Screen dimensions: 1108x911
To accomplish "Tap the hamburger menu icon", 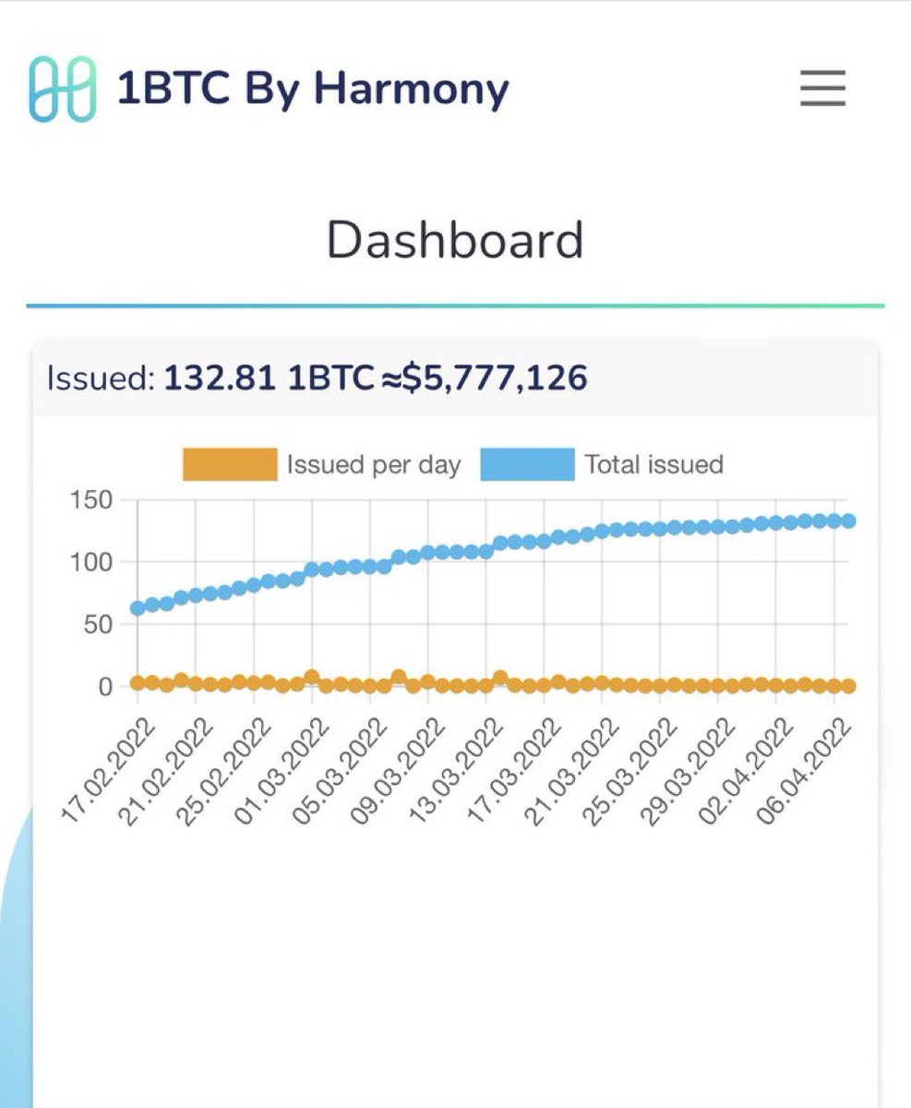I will click(x=821, y=89).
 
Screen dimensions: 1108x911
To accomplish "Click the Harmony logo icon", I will click(x=62, y=89).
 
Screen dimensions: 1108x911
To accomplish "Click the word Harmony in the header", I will click(x=411, y=89).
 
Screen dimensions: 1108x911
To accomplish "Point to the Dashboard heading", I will click(x=455, y=240).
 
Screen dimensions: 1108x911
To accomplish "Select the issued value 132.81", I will click(x=220, y=378).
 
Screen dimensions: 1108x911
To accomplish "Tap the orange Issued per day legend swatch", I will click(x=230, y=464).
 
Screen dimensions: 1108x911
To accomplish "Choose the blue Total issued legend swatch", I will click(x=527, y=464).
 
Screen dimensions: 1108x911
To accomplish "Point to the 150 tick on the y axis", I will click(x=90, y=500).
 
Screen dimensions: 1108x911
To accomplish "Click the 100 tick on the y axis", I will click(x=90, y=562).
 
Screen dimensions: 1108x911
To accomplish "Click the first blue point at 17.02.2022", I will click(x=138, y=608).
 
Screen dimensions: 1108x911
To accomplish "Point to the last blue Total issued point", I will click(x=848, y=521).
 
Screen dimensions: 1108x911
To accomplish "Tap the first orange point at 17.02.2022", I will click(x=138, y=683).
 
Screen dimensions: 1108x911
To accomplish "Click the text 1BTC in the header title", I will click(x=174, y=89).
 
